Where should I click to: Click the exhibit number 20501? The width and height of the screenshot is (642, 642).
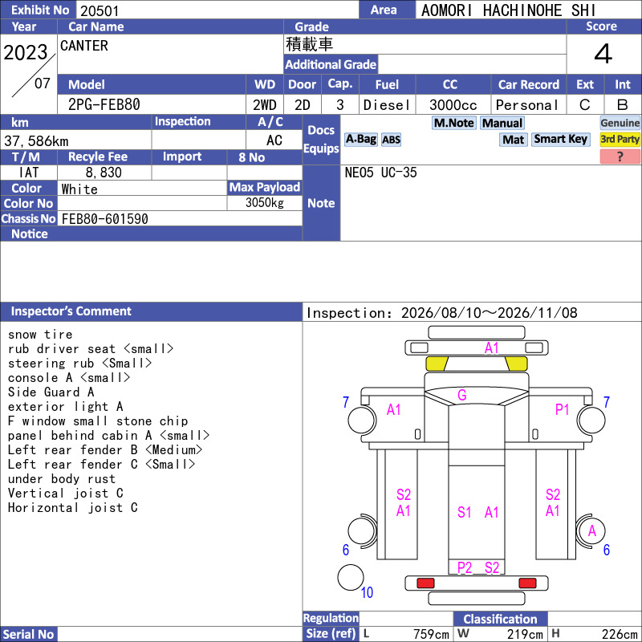click(100, 10)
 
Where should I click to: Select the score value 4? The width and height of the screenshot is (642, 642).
click(603, 54)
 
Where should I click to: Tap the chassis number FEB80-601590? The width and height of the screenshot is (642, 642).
click(105, 219)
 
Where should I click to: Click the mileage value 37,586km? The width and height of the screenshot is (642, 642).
click(36, 141)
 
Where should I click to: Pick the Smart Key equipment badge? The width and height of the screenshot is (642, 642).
click(560, 139)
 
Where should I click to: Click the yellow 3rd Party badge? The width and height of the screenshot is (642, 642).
click(620, 139)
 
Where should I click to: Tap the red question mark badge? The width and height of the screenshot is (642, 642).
click(620, 156)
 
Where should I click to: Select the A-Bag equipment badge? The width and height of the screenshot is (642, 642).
click(360, 139)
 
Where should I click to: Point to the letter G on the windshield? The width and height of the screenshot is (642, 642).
click(462, 395)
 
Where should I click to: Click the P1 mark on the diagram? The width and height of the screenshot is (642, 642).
click(563, 409)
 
